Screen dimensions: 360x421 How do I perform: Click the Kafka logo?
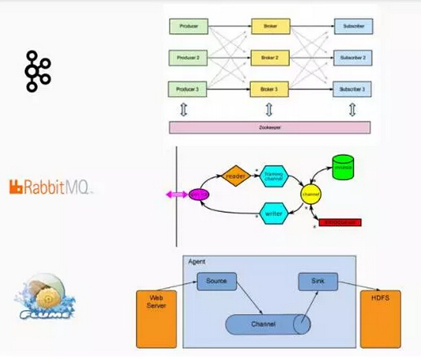pyautogui.click(x=38, y=70)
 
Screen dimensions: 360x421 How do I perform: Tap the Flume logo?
pyautogui.click(x=46, y=298)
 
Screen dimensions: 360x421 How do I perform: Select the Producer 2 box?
pyautogui.click(x=189, y=59)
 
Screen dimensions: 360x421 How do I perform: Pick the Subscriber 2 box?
pyautogui.click(x=354, y=59)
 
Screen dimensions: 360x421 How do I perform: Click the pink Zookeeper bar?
pyautogui.click(x=269, y=127)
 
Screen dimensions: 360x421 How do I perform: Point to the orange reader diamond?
pyautogui.click(x=236, y=176)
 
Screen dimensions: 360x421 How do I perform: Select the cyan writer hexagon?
pyautogui.click(x=274, y=214)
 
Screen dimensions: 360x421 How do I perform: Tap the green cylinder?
pyautogui.click(x=343, y=168)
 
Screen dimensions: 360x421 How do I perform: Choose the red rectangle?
pyautogui.click(x=340, y=222)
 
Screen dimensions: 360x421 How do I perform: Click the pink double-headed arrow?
pyautogui.click(x=177, y=194)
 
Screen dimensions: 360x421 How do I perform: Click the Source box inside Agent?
pyautogui.click(x=217, y=281)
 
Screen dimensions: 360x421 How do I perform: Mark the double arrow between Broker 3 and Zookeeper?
pyautogui.click(x=269, y=108)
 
